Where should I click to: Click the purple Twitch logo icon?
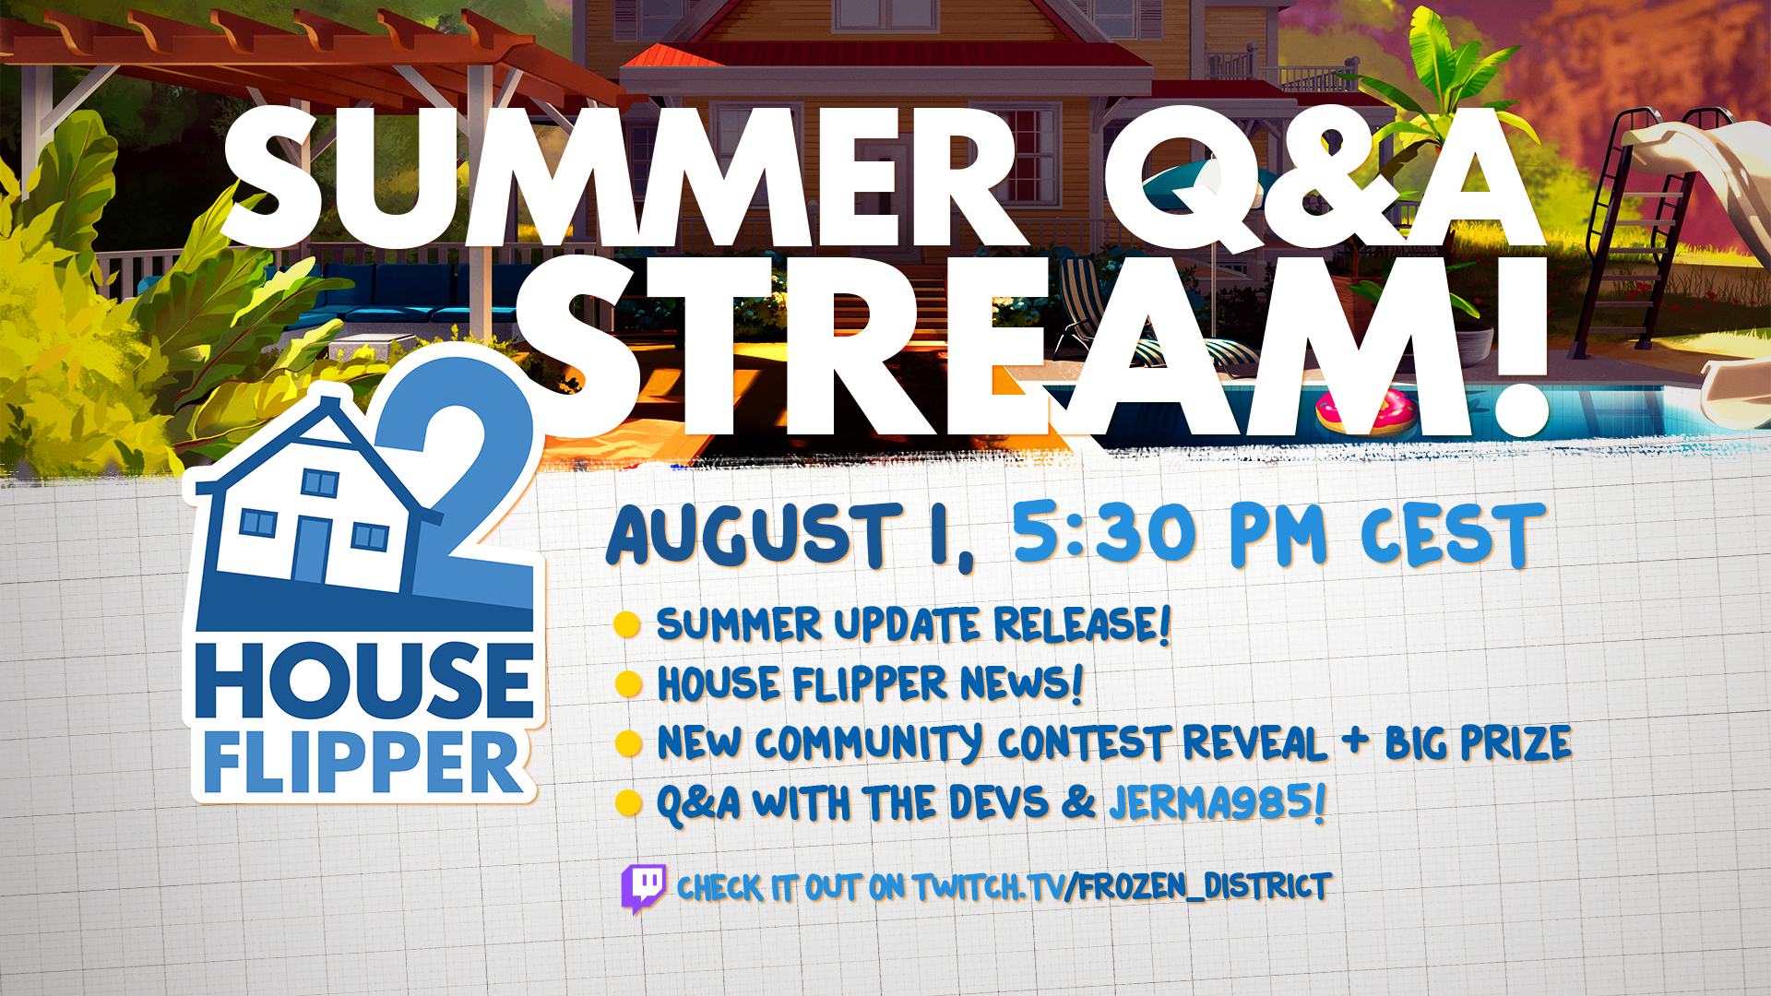tap(644, 888)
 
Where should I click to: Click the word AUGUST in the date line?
tap(754, 535)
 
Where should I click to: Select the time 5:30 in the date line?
tap(1104, 532)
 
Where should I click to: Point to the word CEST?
tap(1453, 535)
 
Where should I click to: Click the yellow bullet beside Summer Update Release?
tap(627, 624)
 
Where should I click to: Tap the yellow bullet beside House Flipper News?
tap(628, 684)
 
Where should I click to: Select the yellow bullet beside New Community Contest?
tap(628, 743)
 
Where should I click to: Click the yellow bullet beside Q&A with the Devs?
tap(628, 803)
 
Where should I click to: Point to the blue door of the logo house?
tap(311, 550)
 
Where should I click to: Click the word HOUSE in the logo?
tap(365, 681)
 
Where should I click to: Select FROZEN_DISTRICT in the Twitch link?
tap(1205, 886)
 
